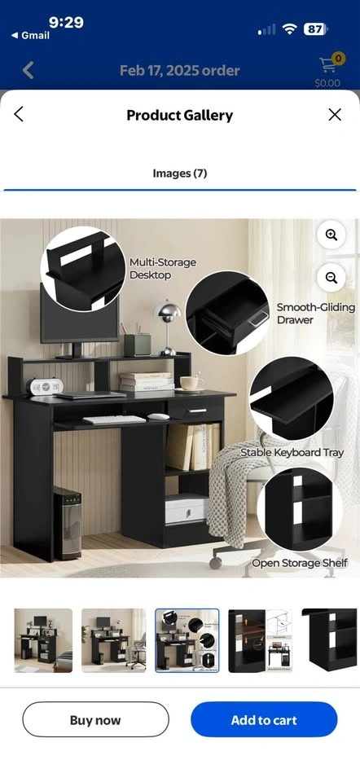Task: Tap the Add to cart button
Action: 264,719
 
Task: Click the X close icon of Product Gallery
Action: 335,115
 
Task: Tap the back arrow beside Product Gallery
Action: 19,114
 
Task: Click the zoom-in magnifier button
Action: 331,235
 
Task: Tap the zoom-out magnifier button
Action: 331,278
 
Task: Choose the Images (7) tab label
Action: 179,174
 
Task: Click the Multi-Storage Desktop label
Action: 163,268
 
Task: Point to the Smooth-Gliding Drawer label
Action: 316,313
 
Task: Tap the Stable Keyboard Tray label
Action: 292,452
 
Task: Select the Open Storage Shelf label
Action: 299,563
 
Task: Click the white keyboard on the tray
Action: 114,420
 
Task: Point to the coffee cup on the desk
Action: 191,383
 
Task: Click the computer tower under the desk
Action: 68,523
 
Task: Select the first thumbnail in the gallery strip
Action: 43,640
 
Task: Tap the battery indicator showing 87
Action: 315,29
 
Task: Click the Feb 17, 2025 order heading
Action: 179,70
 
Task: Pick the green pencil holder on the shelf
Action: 137,345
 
